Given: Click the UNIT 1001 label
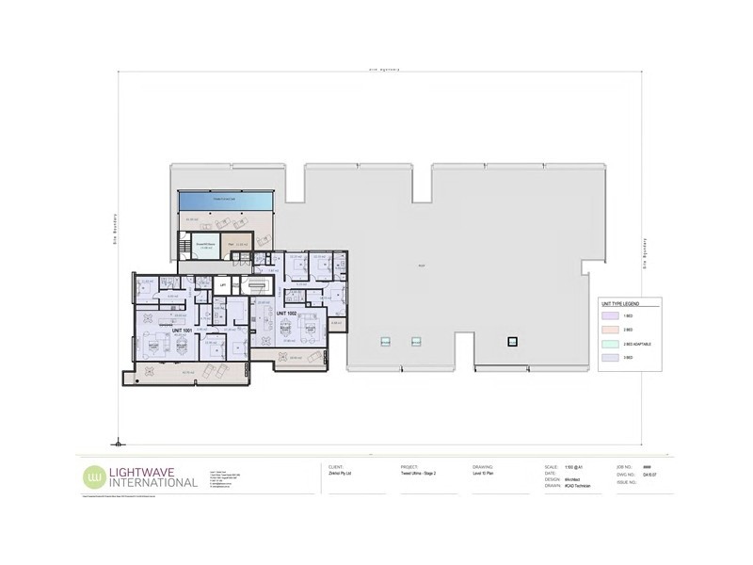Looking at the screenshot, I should [x=182, y=331].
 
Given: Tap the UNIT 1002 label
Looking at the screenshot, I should [x=285, y=312].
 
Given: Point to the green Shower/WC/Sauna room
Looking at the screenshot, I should [x=206, y=248].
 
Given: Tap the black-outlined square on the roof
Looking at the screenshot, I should [x=513, y=342].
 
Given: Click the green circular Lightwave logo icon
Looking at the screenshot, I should [x=94, y=476].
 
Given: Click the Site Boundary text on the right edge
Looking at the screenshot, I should [x=645, y=252].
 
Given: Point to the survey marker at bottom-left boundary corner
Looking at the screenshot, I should [x=117, y=441].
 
